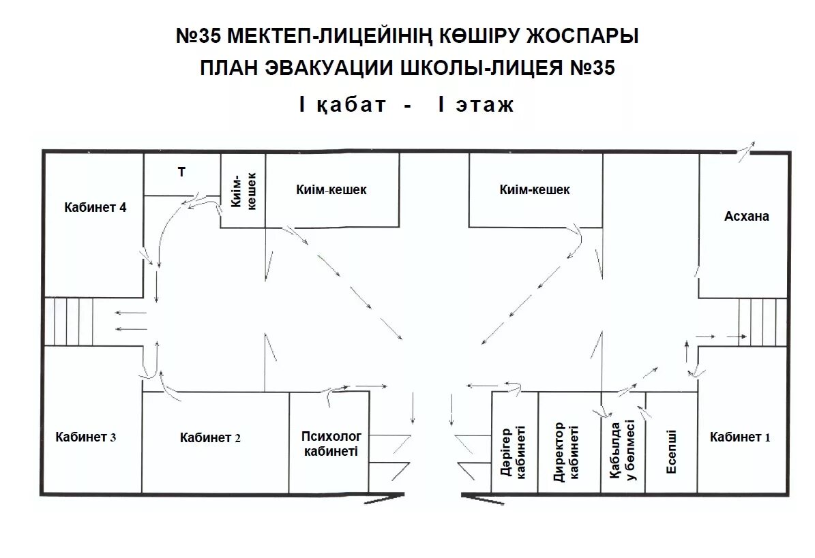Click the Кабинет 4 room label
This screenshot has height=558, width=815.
[95, 208]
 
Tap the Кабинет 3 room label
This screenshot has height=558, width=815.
[86, 437]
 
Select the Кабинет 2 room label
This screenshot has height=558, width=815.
[210, 438]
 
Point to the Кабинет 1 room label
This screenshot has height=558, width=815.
[739, 437]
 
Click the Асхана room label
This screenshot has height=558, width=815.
[746, 216]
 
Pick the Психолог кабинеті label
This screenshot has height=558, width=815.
[332, 443]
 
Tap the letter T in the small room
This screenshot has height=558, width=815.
[181, 172]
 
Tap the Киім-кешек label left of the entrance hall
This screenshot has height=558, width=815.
[331, 190]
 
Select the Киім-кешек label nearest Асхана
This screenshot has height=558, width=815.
[535, 190]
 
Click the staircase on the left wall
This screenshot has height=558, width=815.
[69, 322]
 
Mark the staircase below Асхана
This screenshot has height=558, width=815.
[762, 323]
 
